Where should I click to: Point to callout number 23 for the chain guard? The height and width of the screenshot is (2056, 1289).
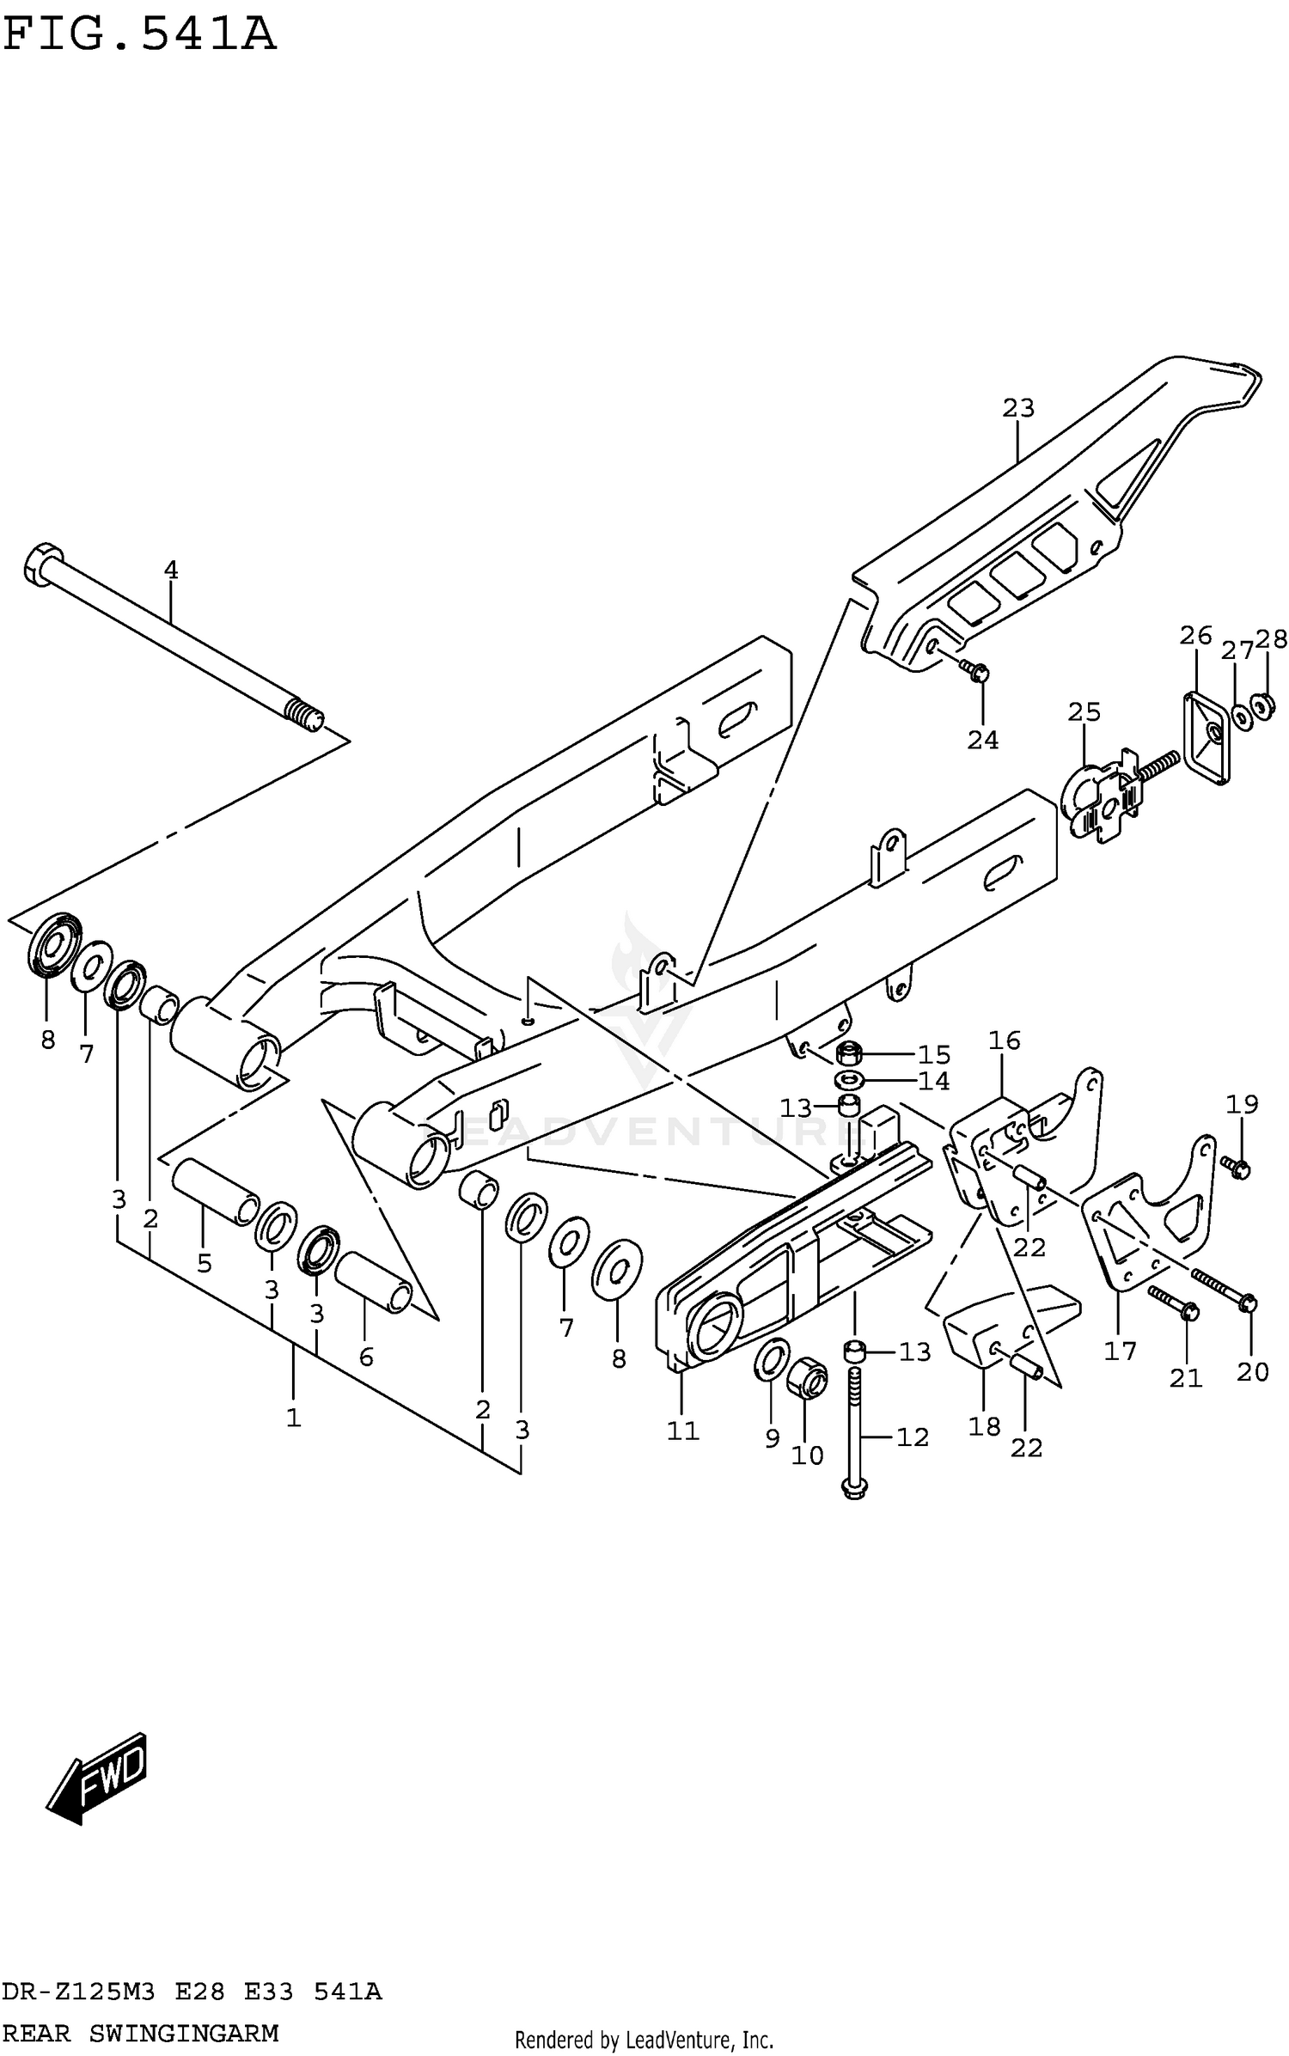(1018, 408)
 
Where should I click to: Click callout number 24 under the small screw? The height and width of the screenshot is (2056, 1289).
(983, 740)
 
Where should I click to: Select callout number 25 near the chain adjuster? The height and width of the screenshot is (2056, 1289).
(1084, 711)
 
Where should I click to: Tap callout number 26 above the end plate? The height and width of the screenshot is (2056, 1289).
(1195, 636)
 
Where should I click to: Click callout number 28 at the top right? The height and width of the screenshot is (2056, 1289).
(1271, 638)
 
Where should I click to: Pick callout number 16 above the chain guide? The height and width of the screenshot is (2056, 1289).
(1004, 1040)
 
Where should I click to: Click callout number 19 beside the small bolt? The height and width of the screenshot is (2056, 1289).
(1242, 1104)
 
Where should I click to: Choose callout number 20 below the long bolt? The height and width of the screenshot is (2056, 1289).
(1252, 1372)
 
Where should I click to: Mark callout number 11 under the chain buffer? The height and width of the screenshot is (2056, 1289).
(683, 1431)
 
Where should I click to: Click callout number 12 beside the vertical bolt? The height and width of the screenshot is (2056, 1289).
(913, 1437)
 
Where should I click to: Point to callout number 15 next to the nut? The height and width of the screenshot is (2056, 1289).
(934, 1054)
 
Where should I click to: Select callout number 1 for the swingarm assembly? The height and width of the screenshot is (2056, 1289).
(294, 1418)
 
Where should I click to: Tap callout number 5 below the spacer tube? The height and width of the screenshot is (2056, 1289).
(205, 1263)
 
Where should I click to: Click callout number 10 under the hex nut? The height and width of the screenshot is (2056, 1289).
(807, 1455)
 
